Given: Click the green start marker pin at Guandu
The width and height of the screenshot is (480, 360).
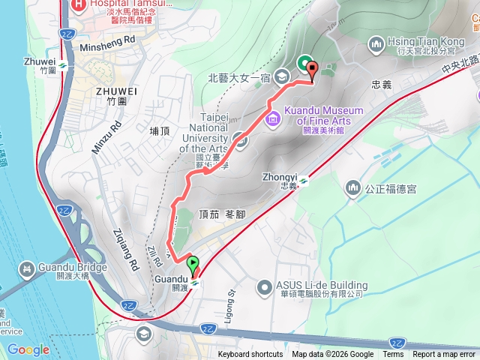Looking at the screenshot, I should [x=193, y=265].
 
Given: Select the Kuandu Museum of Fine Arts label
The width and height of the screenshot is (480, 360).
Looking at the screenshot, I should [x=324, y=115].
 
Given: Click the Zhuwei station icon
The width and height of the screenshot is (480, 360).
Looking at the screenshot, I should [x=65, y=65].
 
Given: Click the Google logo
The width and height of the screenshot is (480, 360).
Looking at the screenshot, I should [x=28, y=349].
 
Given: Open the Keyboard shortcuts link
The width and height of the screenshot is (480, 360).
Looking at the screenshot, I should [x=250, y=355].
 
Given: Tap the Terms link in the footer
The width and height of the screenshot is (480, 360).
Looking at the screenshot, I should [x=393, y=355].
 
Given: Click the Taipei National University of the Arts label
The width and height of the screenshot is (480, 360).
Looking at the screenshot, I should [x=203, y=127].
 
